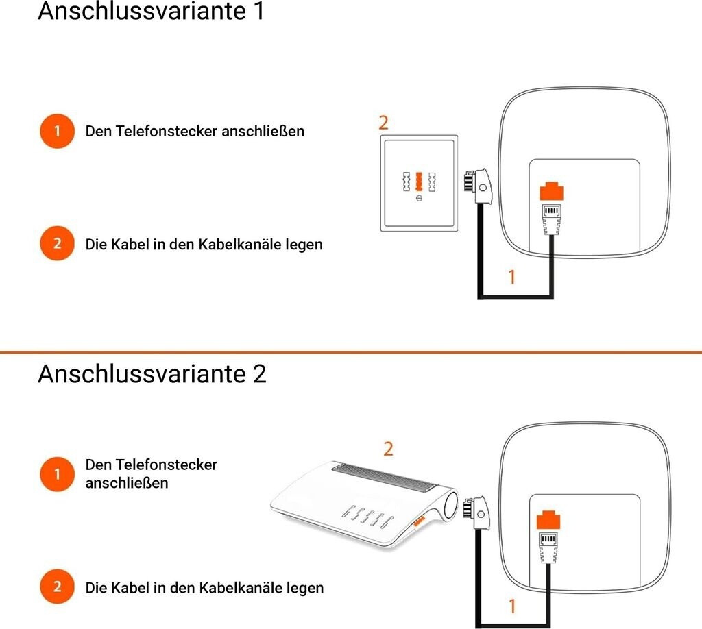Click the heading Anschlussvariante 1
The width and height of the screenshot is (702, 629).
point(151,12)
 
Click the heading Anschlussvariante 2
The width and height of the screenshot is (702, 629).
point(152,374)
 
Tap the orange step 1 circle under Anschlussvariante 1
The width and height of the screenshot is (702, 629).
point(57,131)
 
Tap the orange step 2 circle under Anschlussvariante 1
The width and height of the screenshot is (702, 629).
point(57,244)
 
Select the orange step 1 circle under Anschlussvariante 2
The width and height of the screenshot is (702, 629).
point(57,473)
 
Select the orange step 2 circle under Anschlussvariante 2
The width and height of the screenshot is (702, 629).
point(57,587)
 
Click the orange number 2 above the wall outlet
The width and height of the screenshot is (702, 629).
point(383,123)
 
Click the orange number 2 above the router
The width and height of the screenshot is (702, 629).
point(388,449)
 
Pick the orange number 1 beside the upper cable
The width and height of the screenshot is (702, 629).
point(511,277)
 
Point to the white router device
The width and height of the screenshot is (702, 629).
point(363,504)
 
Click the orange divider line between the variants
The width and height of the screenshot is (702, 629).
point(351,351)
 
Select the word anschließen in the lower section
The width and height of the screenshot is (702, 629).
point(126,483)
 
